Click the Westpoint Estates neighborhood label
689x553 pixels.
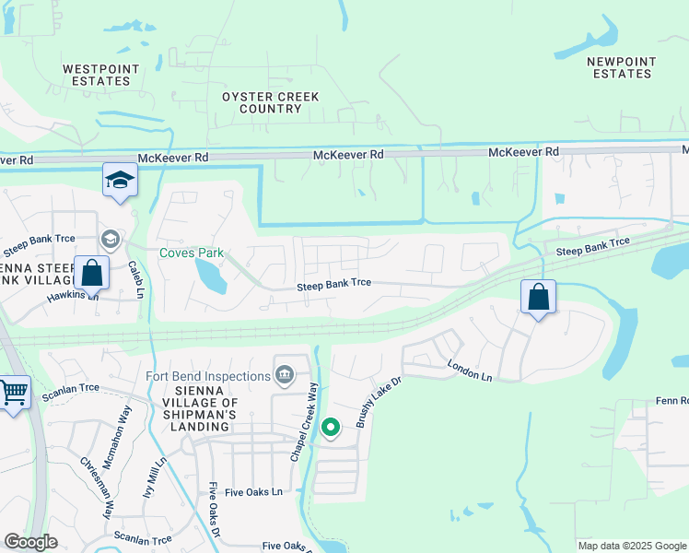click(101, 75)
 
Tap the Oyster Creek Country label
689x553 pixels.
click(271, 102)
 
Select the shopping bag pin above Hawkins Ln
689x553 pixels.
click(91, 273)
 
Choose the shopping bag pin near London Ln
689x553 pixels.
click(539, 298)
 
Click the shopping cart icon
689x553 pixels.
click(13, 394)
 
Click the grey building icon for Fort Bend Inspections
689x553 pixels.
click(285, 375)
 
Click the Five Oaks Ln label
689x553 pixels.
click(251, 492)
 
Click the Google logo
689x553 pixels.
click(30, 542)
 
